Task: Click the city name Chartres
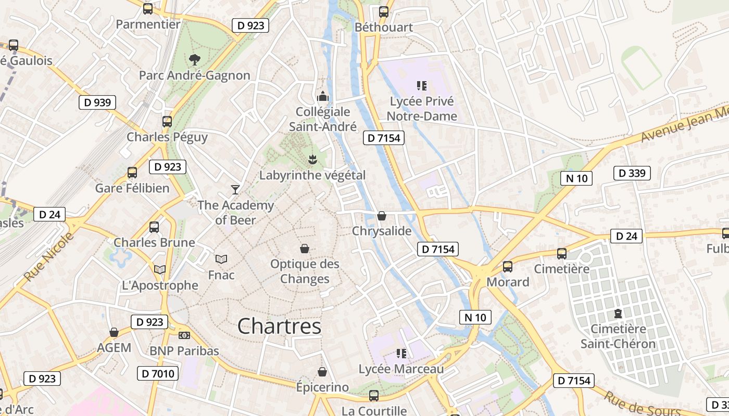(279, 327)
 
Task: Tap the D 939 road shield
(97, 102)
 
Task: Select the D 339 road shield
(632, 173)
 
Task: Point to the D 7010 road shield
(158, 373)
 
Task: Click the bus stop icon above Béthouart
(384, 11)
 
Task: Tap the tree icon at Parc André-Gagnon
(195, 60)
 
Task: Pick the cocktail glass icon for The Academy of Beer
(235, 190)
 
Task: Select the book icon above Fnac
(221, 259)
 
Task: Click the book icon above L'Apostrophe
(160, 269)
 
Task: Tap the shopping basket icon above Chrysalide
(382, 216)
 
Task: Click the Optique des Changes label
(305, 271)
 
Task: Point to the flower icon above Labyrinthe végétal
(312, 159)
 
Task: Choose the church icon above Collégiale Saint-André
(323, 96)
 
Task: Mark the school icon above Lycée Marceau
(401, 354)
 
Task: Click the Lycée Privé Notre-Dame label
(422, 109)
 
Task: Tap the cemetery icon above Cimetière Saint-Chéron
(618, 314)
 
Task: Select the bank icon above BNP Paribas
(184, 335)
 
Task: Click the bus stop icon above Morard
(508, 267)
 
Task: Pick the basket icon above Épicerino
(322, 372)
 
